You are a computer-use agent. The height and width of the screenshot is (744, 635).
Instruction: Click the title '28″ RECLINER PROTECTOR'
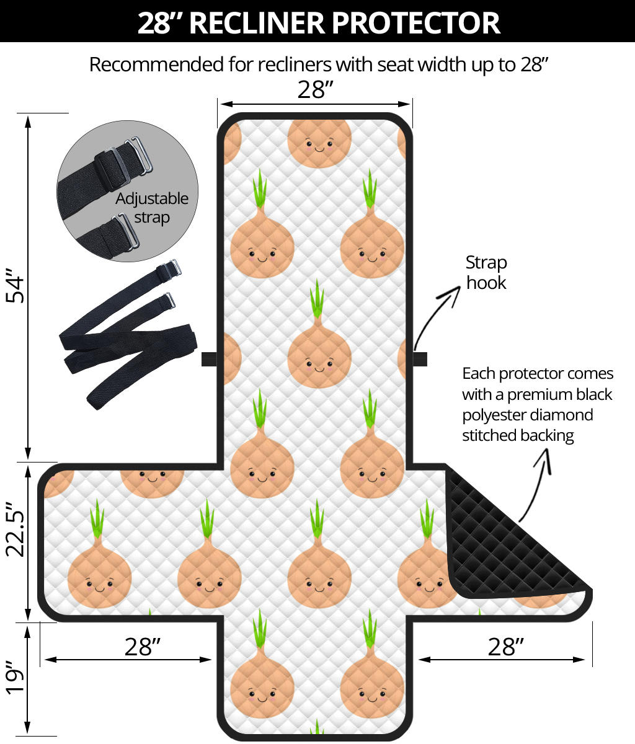pos(317,22)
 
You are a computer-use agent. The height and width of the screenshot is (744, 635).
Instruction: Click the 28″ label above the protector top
pos(315,90)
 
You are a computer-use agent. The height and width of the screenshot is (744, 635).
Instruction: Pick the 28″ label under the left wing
pos(143,647)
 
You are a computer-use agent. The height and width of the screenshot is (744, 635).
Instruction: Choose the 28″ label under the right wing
pos(505,647)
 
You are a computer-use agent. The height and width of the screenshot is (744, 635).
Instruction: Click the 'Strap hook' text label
pos(486,272)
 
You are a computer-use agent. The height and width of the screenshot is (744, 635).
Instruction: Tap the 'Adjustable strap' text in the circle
pos(152,208)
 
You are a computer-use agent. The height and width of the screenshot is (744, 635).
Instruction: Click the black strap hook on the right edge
pos(420,358)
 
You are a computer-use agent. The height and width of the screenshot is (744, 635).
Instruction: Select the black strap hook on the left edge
pos(209,358)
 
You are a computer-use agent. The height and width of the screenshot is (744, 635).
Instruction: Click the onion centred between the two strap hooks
pos(319,353)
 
